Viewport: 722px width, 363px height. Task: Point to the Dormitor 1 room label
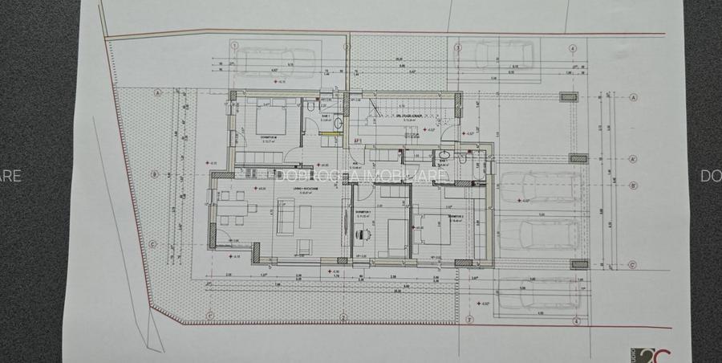click(x=363, y=213)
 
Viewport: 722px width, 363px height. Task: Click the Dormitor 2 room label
click(x=456, y=217)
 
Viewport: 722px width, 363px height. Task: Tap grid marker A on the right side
click(x=634, y=96)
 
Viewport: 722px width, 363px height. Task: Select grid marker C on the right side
click(x=632, y=263)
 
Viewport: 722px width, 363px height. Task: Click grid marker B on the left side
click(x=152, y=172)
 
